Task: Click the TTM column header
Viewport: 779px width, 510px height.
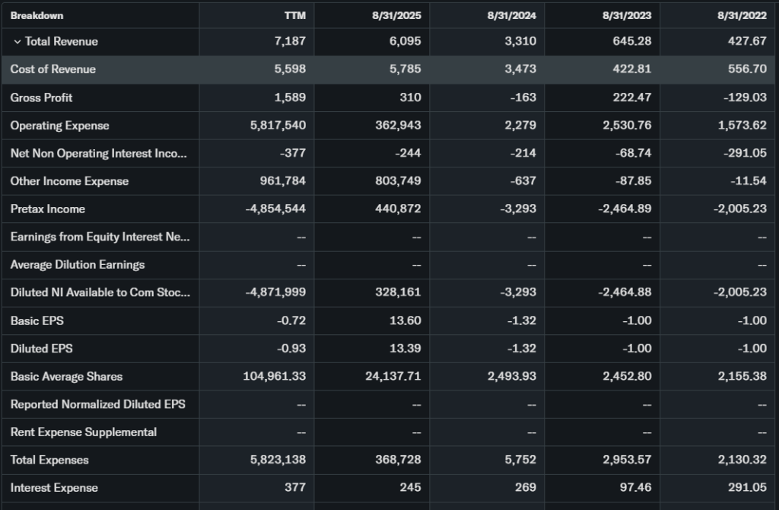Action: click(x=295, y=15)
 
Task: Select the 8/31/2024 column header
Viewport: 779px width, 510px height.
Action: click(x=512, y=15)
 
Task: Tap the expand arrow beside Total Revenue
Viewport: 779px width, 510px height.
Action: click(x=17, y=42)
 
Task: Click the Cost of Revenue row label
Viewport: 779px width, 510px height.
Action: click(x=53, y=69)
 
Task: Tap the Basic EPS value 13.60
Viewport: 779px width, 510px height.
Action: click(x=405, y=320)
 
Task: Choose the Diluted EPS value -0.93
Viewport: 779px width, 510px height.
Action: click(x=291, y=349)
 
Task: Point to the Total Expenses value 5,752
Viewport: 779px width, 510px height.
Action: click(x=520, y=460)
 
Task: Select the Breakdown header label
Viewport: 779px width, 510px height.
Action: click(x=37, y=15)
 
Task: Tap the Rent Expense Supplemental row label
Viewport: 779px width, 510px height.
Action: click(x=84, y=432)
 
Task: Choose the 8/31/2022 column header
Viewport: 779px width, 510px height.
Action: click(x=742, y=15)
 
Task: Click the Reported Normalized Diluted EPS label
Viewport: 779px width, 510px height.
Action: click(x=97, y=404)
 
